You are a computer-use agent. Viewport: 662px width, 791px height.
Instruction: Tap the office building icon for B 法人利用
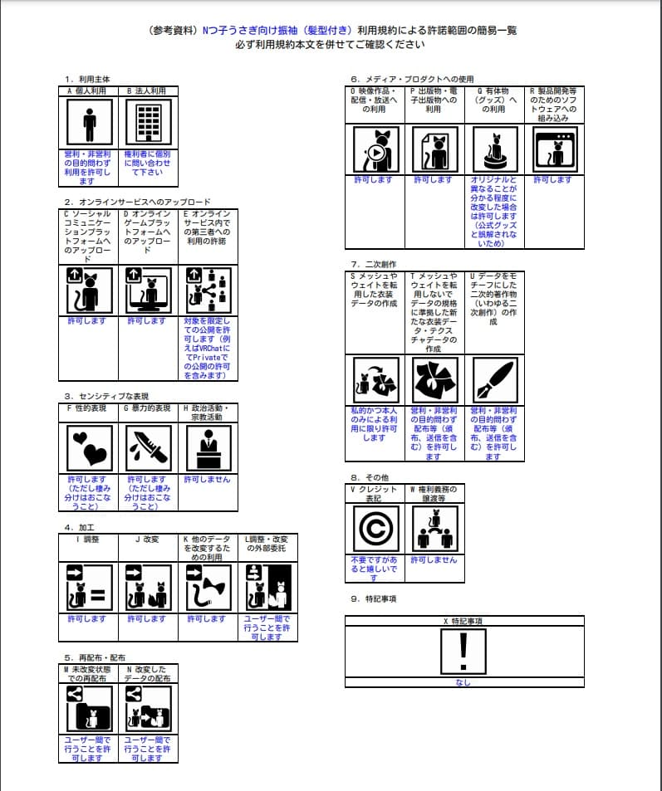[148, 124]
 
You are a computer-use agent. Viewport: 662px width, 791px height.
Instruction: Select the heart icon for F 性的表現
[89, 448]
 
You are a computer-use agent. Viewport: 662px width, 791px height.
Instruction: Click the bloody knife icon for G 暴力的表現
[148, 448]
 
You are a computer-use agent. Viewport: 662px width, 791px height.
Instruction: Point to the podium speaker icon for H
[208, 448]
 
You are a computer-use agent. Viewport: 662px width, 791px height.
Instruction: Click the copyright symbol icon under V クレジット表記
[375, 530]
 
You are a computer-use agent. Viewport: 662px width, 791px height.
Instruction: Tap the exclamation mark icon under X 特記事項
[463, 650]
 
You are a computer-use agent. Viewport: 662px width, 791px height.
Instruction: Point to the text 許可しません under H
[208, 480]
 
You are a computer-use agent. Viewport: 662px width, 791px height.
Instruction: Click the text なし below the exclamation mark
[463, 683]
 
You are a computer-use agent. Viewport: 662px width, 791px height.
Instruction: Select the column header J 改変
[148, 540]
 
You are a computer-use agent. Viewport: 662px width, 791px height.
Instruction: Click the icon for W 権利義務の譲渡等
[434, 530]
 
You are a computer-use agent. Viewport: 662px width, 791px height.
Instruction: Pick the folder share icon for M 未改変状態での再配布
[89, 708]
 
